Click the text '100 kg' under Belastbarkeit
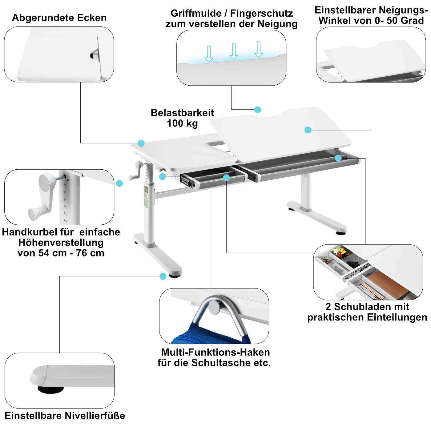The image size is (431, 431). coord(182,123)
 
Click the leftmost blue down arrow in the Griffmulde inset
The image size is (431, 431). coord(209,54)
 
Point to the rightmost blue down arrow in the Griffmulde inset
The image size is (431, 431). coord(259,49)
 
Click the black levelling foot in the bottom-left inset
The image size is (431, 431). coord(50,389)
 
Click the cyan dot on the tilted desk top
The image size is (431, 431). coord(308,130)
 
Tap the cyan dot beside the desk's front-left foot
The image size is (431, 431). coord(163,276)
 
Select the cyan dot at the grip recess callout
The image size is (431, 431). coord(258,110)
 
